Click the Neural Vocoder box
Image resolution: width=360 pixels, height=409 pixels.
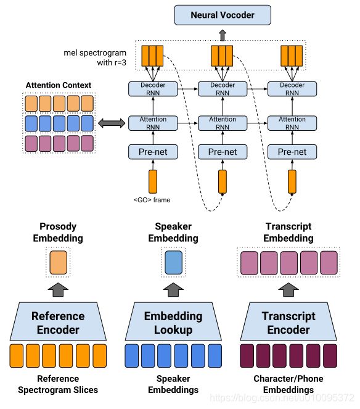223,15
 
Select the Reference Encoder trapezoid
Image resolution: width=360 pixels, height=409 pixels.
58,321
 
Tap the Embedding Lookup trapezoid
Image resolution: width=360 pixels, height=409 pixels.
173,321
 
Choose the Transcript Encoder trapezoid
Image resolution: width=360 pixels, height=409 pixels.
288,321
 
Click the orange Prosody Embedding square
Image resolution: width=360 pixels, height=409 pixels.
58,262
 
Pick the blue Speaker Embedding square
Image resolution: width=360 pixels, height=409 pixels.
174,262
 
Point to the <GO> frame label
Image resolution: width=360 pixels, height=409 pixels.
152,200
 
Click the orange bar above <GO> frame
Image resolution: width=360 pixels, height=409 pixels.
153,181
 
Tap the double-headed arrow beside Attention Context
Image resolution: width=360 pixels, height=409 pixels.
112,123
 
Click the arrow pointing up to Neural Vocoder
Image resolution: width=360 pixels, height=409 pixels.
223,35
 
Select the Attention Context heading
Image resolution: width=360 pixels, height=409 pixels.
59,85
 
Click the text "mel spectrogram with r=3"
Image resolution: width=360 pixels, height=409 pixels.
95,57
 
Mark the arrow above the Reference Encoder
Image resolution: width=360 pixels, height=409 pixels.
58,289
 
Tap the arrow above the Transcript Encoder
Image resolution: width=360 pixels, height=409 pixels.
288,289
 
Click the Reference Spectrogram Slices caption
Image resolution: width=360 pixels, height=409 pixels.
58,384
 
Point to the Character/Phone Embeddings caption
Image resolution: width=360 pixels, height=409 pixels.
288,384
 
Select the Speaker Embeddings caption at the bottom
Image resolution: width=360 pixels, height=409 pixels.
173,384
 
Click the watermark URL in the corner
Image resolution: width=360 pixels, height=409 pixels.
282,398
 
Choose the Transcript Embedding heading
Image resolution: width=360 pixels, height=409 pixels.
288,233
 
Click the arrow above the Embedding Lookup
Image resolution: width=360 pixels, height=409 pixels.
173,289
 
